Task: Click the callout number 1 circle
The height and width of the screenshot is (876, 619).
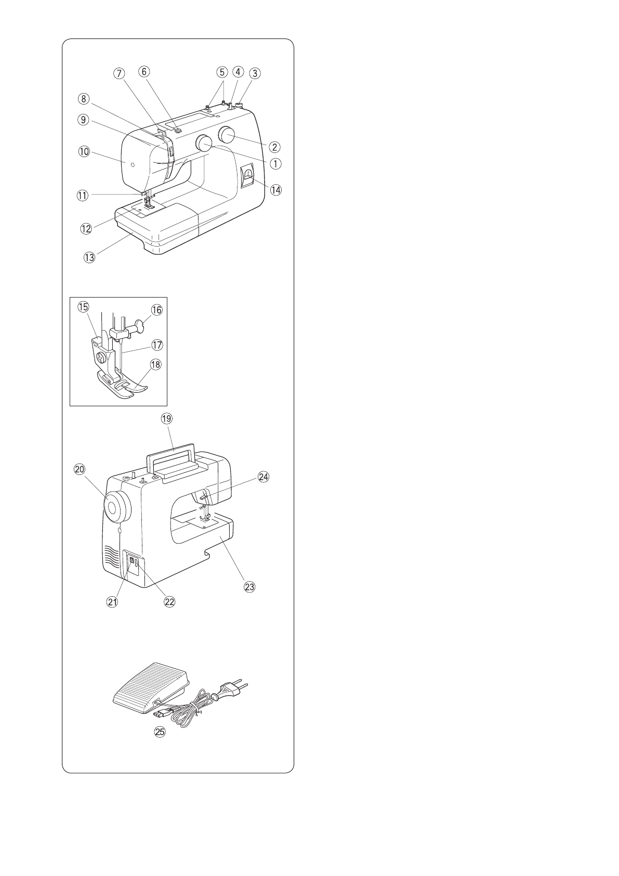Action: (x=275, y=163)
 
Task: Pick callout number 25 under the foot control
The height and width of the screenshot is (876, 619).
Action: (x=160, y=732)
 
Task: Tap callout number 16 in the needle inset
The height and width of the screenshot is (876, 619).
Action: (x=156, y=310)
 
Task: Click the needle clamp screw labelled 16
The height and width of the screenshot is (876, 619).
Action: (x=140, y=327)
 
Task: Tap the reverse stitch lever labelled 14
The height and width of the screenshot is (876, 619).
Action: (x=248, y=175)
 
